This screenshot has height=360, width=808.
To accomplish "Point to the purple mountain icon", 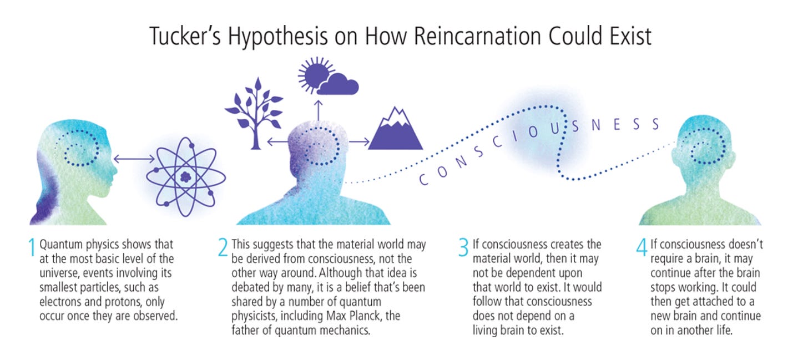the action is pyautogui.click(x=396, y=131).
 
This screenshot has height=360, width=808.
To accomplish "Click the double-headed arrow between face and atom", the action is pyautogui.click(x=134, y=159).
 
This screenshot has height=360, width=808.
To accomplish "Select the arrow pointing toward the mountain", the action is pyautogui.click(x=360, y=142).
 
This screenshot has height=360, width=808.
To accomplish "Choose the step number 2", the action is pyautogui.click(x=223, y=248).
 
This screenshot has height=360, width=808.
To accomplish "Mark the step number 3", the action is pyautogui.click(x=463, y=248).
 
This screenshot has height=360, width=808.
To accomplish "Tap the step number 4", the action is pyautogui.click(x=642, y=248).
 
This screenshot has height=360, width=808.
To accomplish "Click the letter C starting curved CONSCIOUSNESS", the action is pyautogui.click(x=423, y=179).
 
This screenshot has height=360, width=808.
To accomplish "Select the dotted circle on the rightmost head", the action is pyautogui.click(x=708, y=148).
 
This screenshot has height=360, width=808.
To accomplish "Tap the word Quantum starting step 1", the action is pyautogui.click(x=59, y=245).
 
